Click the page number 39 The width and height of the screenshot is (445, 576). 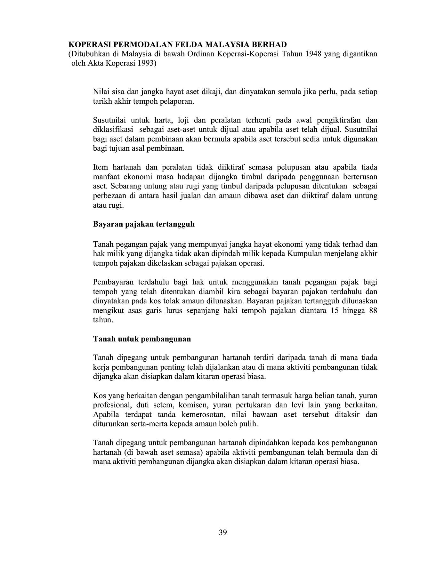(223, 532)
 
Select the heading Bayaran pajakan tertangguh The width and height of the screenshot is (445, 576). (144, 224)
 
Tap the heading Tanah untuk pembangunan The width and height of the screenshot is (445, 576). (142, 339)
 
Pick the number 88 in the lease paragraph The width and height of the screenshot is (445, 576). (373, 310)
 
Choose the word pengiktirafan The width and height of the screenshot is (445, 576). (338, 120)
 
